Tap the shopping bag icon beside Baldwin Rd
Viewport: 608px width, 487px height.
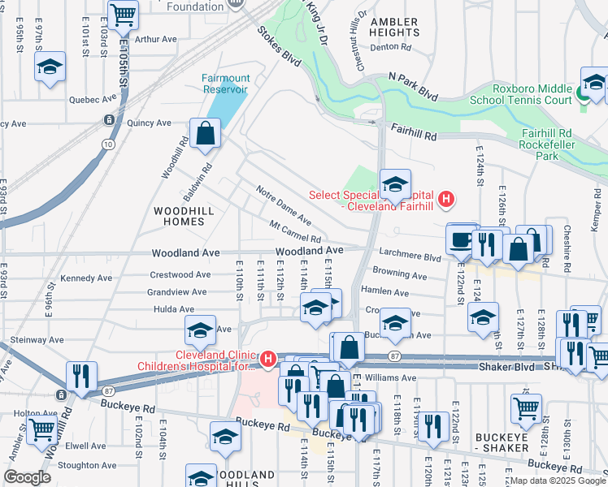coord(206,132)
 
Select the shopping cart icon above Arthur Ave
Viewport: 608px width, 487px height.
coord(122,14)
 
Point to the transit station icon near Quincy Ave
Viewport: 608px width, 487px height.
coord(108,120)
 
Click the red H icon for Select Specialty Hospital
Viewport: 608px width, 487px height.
coord(445,198)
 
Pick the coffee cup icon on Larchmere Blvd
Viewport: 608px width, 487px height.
coord(462,239)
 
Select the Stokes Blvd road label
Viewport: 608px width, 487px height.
coord(275,45)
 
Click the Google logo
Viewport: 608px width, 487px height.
coord(26,476)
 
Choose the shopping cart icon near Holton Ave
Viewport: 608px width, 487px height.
coord(41,429)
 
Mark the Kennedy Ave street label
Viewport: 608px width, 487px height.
coord(85,278)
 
